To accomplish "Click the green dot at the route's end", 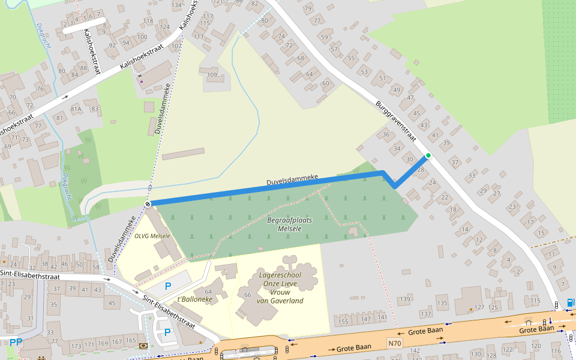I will coord(428,156).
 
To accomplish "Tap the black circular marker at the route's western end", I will coord(148,204).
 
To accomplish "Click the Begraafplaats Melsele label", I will coord(289,224).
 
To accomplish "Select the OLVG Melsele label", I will coord(152,236).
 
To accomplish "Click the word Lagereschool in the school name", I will coord(280,275).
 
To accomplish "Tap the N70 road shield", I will coord(394,344).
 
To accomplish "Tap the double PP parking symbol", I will coord(16,343).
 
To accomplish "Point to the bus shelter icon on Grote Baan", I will coord(529,320).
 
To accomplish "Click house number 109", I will coord(212,75).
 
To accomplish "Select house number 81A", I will coord(76,109).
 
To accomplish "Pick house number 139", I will coord(406,299).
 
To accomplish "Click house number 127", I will coord(479,308).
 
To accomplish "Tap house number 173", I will coord(76,346).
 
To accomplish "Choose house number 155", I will coord(343,322).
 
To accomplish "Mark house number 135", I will coord(442,303).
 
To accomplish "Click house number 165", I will coord(131,341).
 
